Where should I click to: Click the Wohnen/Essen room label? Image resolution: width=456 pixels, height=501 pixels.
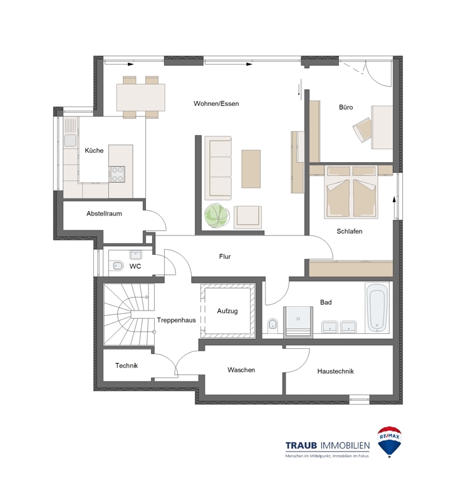tap(216, 103)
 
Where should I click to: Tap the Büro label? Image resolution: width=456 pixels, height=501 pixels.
tap(346, 107)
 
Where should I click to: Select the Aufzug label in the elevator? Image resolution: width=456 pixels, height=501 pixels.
tap(227, 311)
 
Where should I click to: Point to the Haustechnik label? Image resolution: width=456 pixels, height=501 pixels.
tap(335, 371)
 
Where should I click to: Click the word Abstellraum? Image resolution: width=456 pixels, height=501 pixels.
tap(104, 214)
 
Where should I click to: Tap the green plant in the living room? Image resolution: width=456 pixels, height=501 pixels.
tap(217, 216)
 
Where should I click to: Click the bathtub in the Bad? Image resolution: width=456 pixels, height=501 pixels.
tap(377, 307)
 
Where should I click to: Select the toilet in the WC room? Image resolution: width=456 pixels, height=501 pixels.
tap(118, 266)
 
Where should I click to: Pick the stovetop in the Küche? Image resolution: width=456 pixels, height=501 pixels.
tap(117, 175)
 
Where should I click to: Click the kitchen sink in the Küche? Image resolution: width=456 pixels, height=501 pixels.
tap(70, 140)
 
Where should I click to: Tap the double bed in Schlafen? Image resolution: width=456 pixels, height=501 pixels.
tap(351, 192)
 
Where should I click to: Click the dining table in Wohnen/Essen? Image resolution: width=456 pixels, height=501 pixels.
tap(141, 97)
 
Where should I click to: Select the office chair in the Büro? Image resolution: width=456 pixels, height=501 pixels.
tap(363, 130)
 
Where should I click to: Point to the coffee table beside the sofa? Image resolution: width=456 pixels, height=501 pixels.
tap(251, 168)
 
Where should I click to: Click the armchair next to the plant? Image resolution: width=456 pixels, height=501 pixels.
tap(247, 217)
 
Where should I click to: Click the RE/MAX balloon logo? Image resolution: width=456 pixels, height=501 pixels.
tap(390, 442)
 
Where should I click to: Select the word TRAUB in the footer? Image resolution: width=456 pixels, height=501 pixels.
tap(301, 445)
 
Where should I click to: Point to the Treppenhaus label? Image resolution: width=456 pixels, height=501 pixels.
tap(176, 320)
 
